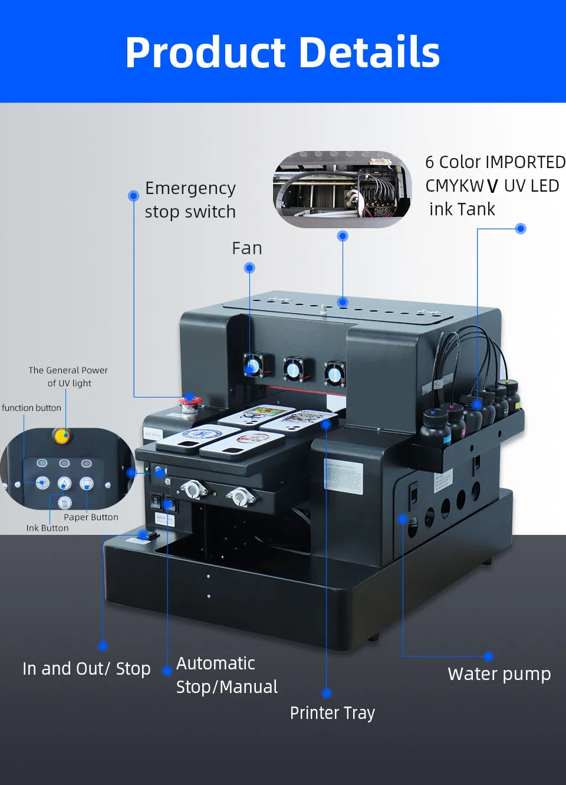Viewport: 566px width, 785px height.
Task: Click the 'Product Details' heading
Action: (282, 52)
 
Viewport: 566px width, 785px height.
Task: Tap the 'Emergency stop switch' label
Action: (190, 200)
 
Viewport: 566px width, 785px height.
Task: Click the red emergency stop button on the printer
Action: (190, 403)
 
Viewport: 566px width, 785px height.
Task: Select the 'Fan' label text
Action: (246, 248)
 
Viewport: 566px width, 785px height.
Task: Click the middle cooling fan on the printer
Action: (293, 369)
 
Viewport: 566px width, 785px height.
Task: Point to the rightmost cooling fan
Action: (334, 373)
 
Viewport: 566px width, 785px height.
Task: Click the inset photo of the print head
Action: (342, 189)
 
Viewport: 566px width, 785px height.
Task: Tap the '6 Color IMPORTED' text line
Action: (495, 162)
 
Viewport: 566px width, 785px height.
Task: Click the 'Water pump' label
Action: (499, 674)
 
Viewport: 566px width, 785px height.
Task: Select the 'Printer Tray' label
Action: (332, 713)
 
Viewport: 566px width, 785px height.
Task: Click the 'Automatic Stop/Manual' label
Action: (226, 675)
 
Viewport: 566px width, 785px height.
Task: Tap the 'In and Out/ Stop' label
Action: (86, 669)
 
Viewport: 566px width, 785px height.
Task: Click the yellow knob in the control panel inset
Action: (61, 436)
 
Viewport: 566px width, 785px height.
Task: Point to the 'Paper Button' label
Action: (91, 517)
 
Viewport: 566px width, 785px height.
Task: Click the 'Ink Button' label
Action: (47, 528)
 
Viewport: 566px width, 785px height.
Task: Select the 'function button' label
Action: (31, 408)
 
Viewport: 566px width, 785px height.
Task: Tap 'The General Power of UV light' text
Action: (68, 376)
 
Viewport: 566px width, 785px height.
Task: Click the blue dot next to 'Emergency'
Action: (133, 195)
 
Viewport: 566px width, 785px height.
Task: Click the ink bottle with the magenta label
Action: (454, 422)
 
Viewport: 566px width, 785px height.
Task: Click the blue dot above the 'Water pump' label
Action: (488, 656)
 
